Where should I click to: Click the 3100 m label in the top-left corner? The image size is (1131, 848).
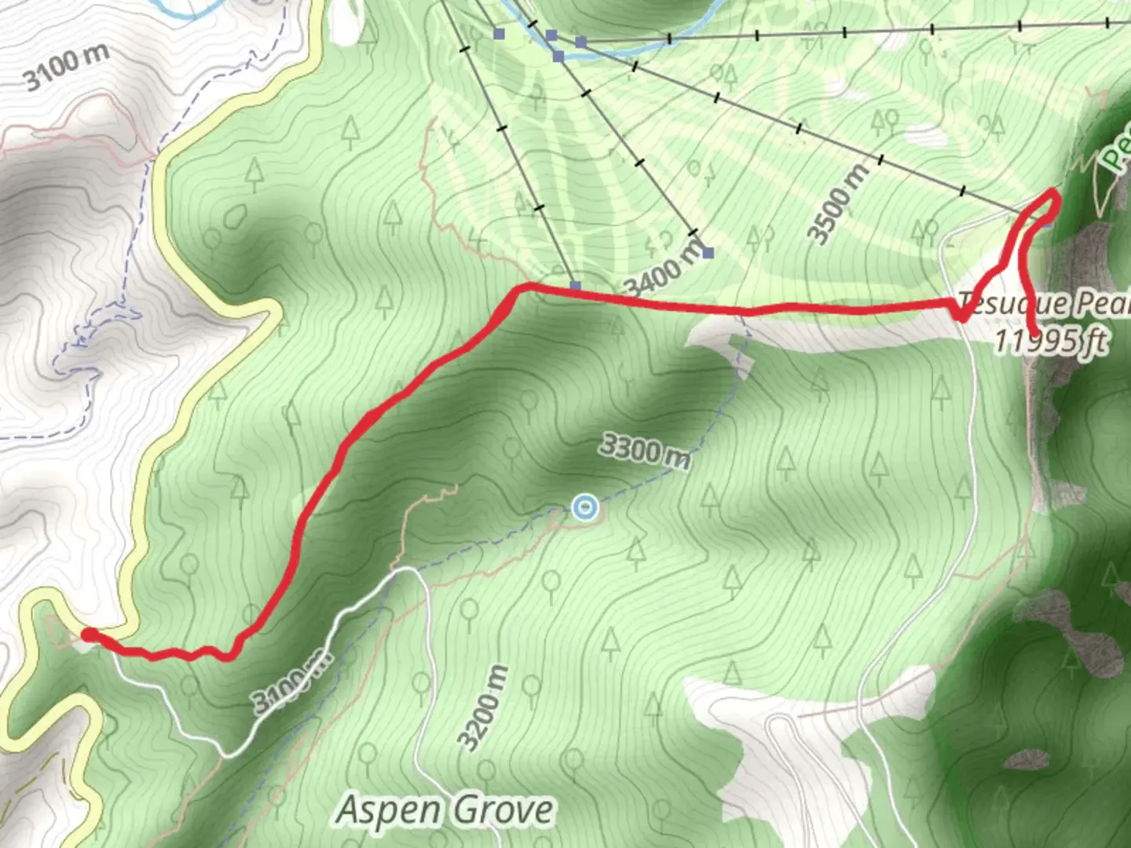click(66, 68)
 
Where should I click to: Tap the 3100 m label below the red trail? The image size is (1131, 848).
click(291, 680)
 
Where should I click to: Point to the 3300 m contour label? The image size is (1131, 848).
click(644, 451)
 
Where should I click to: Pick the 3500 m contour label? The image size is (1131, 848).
click(840, 203)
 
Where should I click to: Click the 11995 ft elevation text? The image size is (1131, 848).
click(1051, 341)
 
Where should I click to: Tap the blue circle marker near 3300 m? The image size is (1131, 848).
click(584, 508)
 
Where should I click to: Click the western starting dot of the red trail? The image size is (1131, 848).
click(89, 634)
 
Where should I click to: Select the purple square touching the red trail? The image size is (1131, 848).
click(576, 287)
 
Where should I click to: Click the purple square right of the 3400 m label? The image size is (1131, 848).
click(708, 253)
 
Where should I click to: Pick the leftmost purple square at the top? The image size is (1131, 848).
click(499, 34)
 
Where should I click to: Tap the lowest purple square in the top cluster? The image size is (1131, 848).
click(558, 57)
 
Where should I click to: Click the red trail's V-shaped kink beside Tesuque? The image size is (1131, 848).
click(960, 317)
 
